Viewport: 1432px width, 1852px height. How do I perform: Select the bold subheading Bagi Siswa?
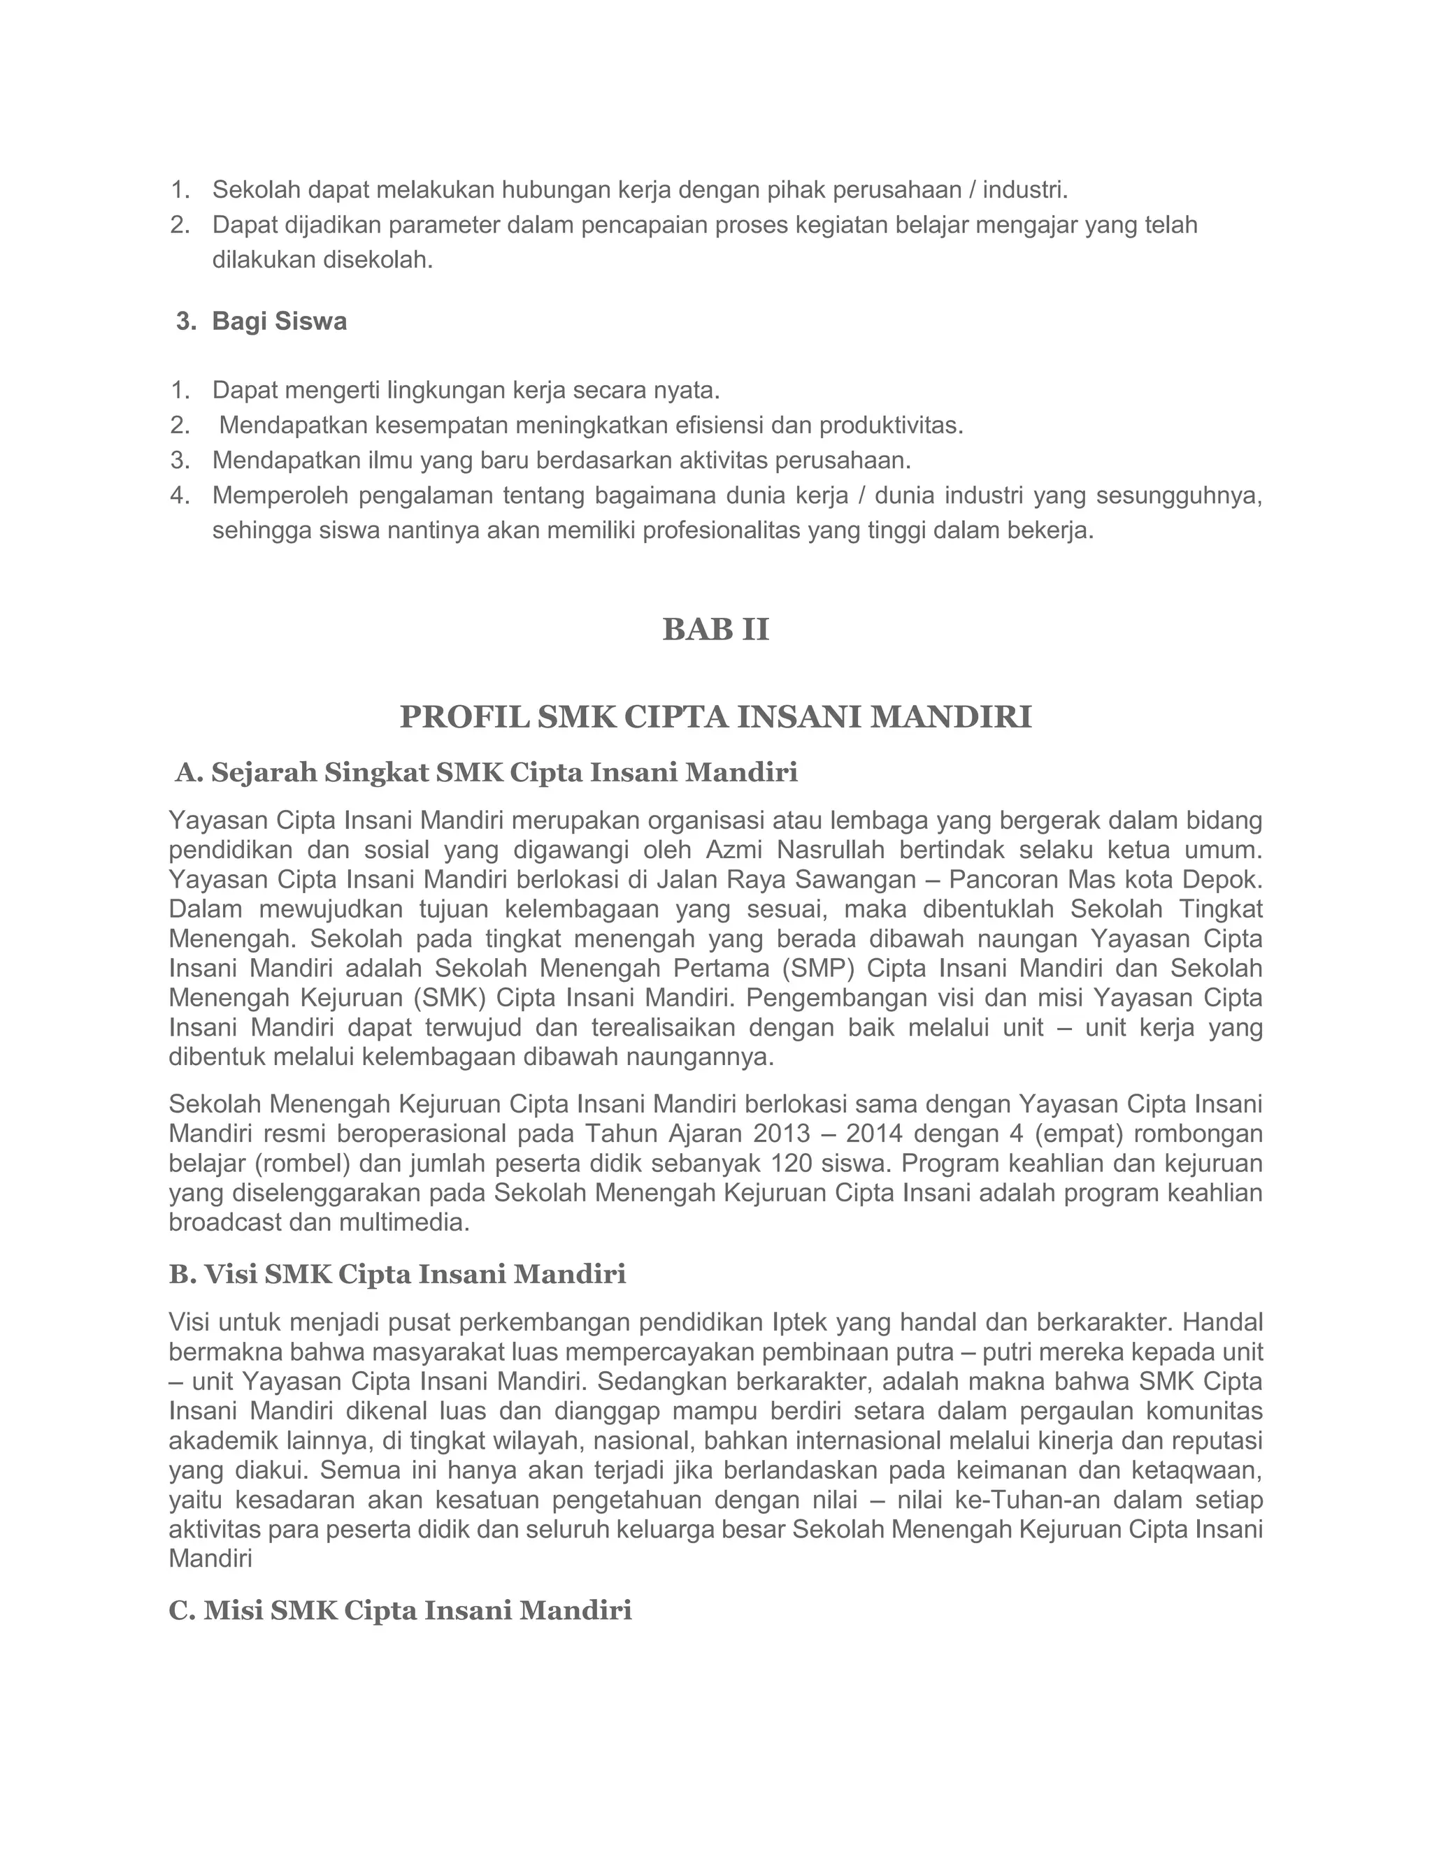pyautogui.click(x=279, y=321)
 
